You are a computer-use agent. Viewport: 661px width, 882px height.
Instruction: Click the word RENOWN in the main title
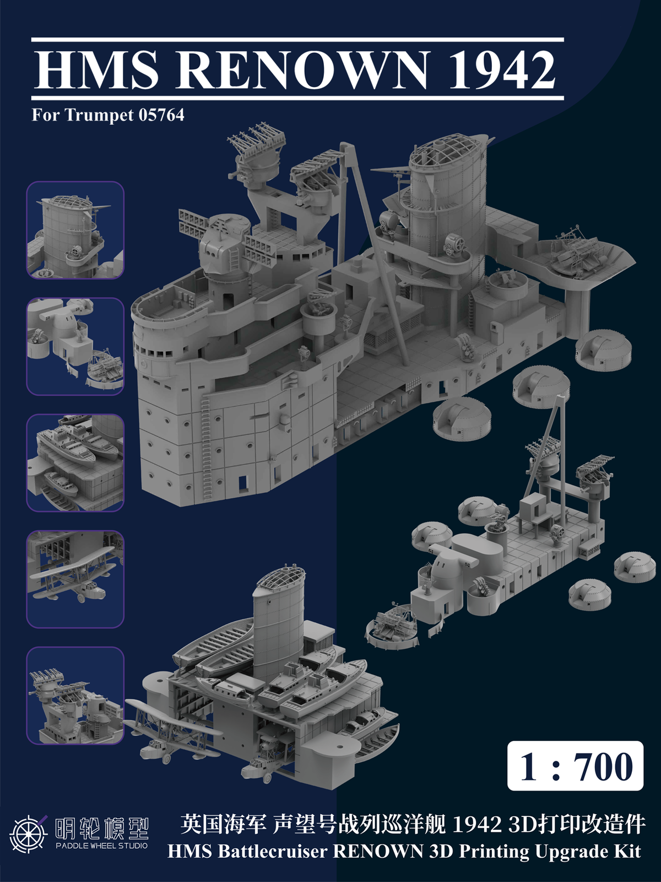(x=301, y=70)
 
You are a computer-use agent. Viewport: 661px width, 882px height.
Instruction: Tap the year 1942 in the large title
(x=502, y=70)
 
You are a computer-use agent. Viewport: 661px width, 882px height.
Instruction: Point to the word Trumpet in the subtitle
(x=99, y=115)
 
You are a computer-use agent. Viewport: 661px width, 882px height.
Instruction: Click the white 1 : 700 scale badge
(x=575, y=766)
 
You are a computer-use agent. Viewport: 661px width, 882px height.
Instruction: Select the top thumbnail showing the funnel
(x=75, y=230)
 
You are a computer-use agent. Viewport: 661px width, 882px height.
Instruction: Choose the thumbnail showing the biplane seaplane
(x=75, y=579)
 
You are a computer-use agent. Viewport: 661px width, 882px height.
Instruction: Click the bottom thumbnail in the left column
(x=75, y=696)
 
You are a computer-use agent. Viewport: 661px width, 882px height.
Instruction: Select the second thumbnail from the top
(x=75, y=346)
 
